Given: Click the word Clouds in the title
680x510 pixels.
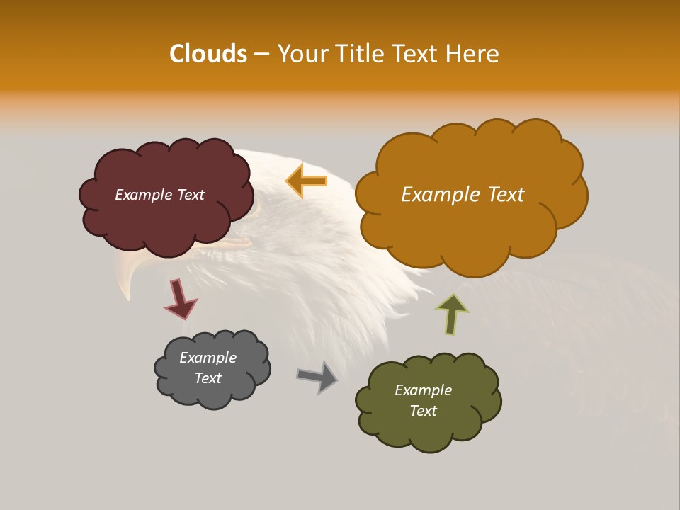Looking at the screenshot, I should coord(208,54).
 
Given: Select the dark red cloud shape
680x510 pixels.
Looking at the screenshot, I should coord(166,220).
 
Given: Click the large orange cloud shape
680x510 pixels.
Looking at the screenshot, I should coord(467,227).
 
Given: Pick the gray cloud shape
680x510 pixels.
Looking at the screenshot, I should coord(212,393).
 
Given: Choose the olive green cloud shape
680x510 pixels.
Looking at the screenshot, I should coord(429,429).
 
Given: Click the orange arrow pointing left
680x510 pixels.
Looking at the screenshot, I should coord(307,181).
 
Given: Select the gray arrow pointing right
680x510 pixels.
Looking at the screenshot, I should coord(317,377).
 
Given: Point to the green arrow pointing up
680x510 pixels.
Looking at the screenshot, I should coord(452,314).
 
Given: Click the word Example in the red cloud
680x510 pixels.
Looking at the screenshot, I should coord(142,195).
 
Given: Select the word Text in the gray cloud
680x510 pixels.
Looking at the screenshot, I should coord(208,378).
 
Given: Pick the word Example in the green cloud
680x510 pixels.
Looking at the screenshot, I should coord(423,390).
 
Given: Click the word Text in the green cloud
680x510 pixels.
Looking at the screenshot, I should coord(423,411).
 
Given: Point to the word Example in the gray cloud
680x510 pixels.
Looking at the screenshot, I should coord(208,358).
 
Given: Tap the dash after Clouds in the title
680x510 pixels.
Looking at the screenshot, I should coord(261,55).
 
